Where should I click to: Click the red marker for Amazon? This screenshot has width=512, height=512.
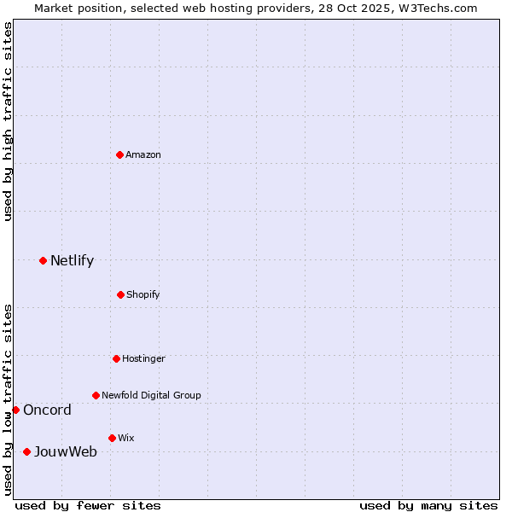(119, 154)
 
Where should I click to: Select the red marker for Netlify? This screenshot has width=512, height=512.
(43, 260)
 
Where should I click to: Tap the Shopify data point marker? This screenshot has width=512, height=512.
(120, 294)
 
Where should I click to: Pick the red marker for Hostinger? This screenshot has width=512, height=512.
(116, 358)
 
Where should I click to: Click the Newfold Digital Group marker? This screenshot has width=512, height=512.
(96, 395)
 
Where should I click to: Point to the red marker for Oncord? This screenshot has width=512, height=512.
(15, 410)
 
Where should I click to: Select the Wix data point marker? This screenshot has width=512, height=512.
(112, 438)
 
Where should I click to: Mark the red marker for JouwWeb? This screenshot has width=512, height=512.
(26, 451)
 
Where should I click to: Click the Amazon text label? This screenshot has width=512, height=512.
(143, 154)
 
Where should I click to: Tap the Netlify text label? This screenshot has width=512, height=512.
(72, 260)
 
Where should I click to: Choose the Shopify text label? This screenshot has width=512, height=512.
(143, 294)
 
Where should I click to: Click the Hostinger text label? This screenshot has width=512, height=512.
(143, 358)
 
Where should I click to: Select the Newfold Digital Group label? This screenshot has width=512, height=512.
(151, 395)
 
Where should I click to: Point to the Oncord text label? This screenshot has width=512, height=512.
(47, 410)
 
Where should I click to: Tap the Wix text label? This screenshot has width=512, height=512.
(126, 438)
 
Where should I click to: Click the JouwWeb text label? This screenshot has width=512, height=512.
(66, 451)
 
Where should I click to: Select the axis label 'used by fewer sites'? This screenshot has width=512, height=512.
(88, 505)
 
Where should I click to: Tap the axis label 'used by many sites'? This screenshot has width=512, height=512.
(428, 505)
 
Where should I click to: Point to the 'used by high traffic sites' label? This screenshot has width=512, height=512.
(8, 121)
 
